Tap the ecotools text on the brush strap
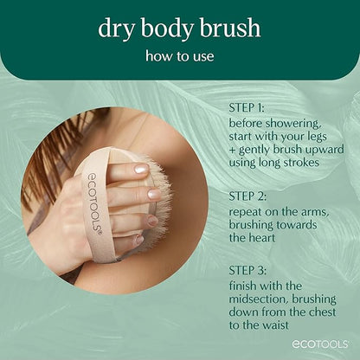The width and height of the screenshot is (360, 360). click(x=94, y=209)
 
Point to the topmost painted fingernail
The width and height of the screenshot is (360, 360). click(x=140, y=170)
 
